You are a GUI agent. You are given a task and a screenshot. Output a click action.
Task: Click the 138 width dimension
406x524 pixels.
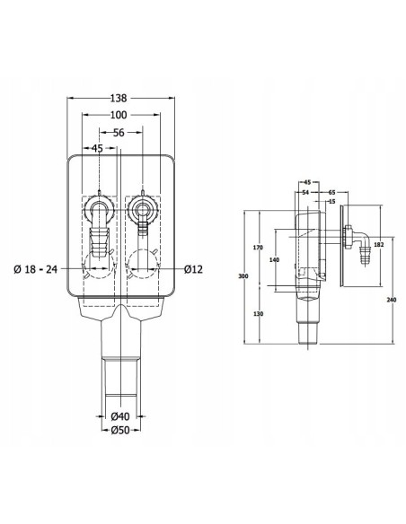pos(119,99)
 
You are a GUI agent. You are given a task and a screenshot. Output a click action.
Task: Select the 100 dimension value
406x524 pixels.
pos(119,115)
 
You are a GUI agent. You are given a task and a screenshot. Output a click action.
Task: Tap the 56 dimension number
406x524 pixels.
pos(119,133)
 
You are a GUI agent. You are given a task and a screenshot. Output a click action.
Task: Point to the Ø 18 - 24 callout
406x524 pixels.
pos(35,269)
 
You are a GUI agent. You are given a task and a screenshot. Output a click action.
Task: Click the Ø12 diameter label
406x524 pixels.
pos(193,269)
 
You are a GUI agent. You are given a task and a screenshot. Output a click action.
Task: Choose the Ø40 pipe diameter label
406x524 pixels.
pos(120,416)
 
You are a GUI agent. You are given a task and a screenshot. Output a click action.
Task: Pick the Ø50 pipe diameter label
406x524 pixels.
pos(120,430)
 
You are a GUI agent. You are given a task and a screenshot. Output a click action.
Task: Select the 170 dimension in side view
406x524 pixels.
pos(258,248)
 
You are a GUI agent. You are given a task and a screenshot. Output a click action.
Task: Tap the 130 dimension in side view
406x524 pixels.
pos(258,314)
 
